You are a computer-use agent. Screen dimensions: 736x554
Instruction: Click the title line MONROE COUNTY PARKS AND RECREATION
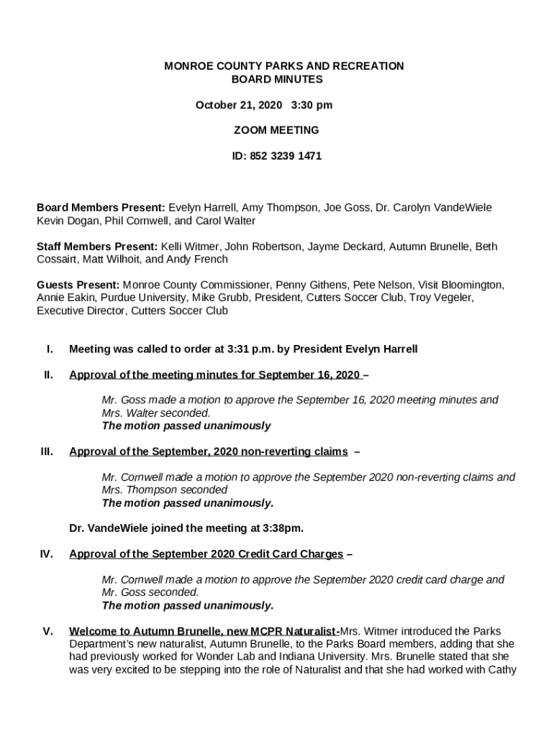click(283, 66)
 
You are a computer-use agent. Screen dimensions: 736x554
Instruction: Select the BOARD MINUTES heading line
click(276, 80)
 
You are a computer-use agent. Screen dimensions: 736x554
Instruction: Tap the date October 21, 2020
click(239, 105)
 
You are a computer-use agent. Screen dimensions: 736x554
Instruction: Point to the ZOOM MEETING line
click(276, 131)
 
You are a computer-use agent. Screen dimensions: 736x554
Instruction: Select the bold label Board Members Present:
click(101, 208)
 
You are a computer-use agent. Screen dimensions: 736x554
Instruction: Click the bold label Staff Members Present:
click(97, 247)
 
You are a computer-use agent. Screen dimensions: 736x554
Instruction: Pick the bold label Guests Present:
click(78, 285)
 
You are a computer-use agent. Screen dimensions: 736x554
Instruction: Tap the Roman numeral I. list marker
click(50, 349)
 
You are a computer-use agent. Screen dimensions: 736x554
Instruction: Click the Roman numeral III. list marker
click(47, 451)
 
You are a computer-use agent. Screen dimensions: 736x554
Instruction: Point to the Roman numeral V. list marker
click(47, 632)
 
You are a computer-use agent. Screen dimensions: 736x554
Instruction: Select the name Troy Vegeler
click(440, 298)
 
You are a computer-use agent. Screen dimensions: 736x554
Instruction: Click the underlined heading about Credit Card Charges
click(206, 554)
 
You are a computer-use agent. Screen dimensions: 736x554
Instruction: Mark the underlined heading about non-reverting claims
click(209, 451)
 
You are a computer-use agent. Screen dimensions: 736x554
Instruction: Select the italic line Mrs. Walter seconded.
click(156, 413)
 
